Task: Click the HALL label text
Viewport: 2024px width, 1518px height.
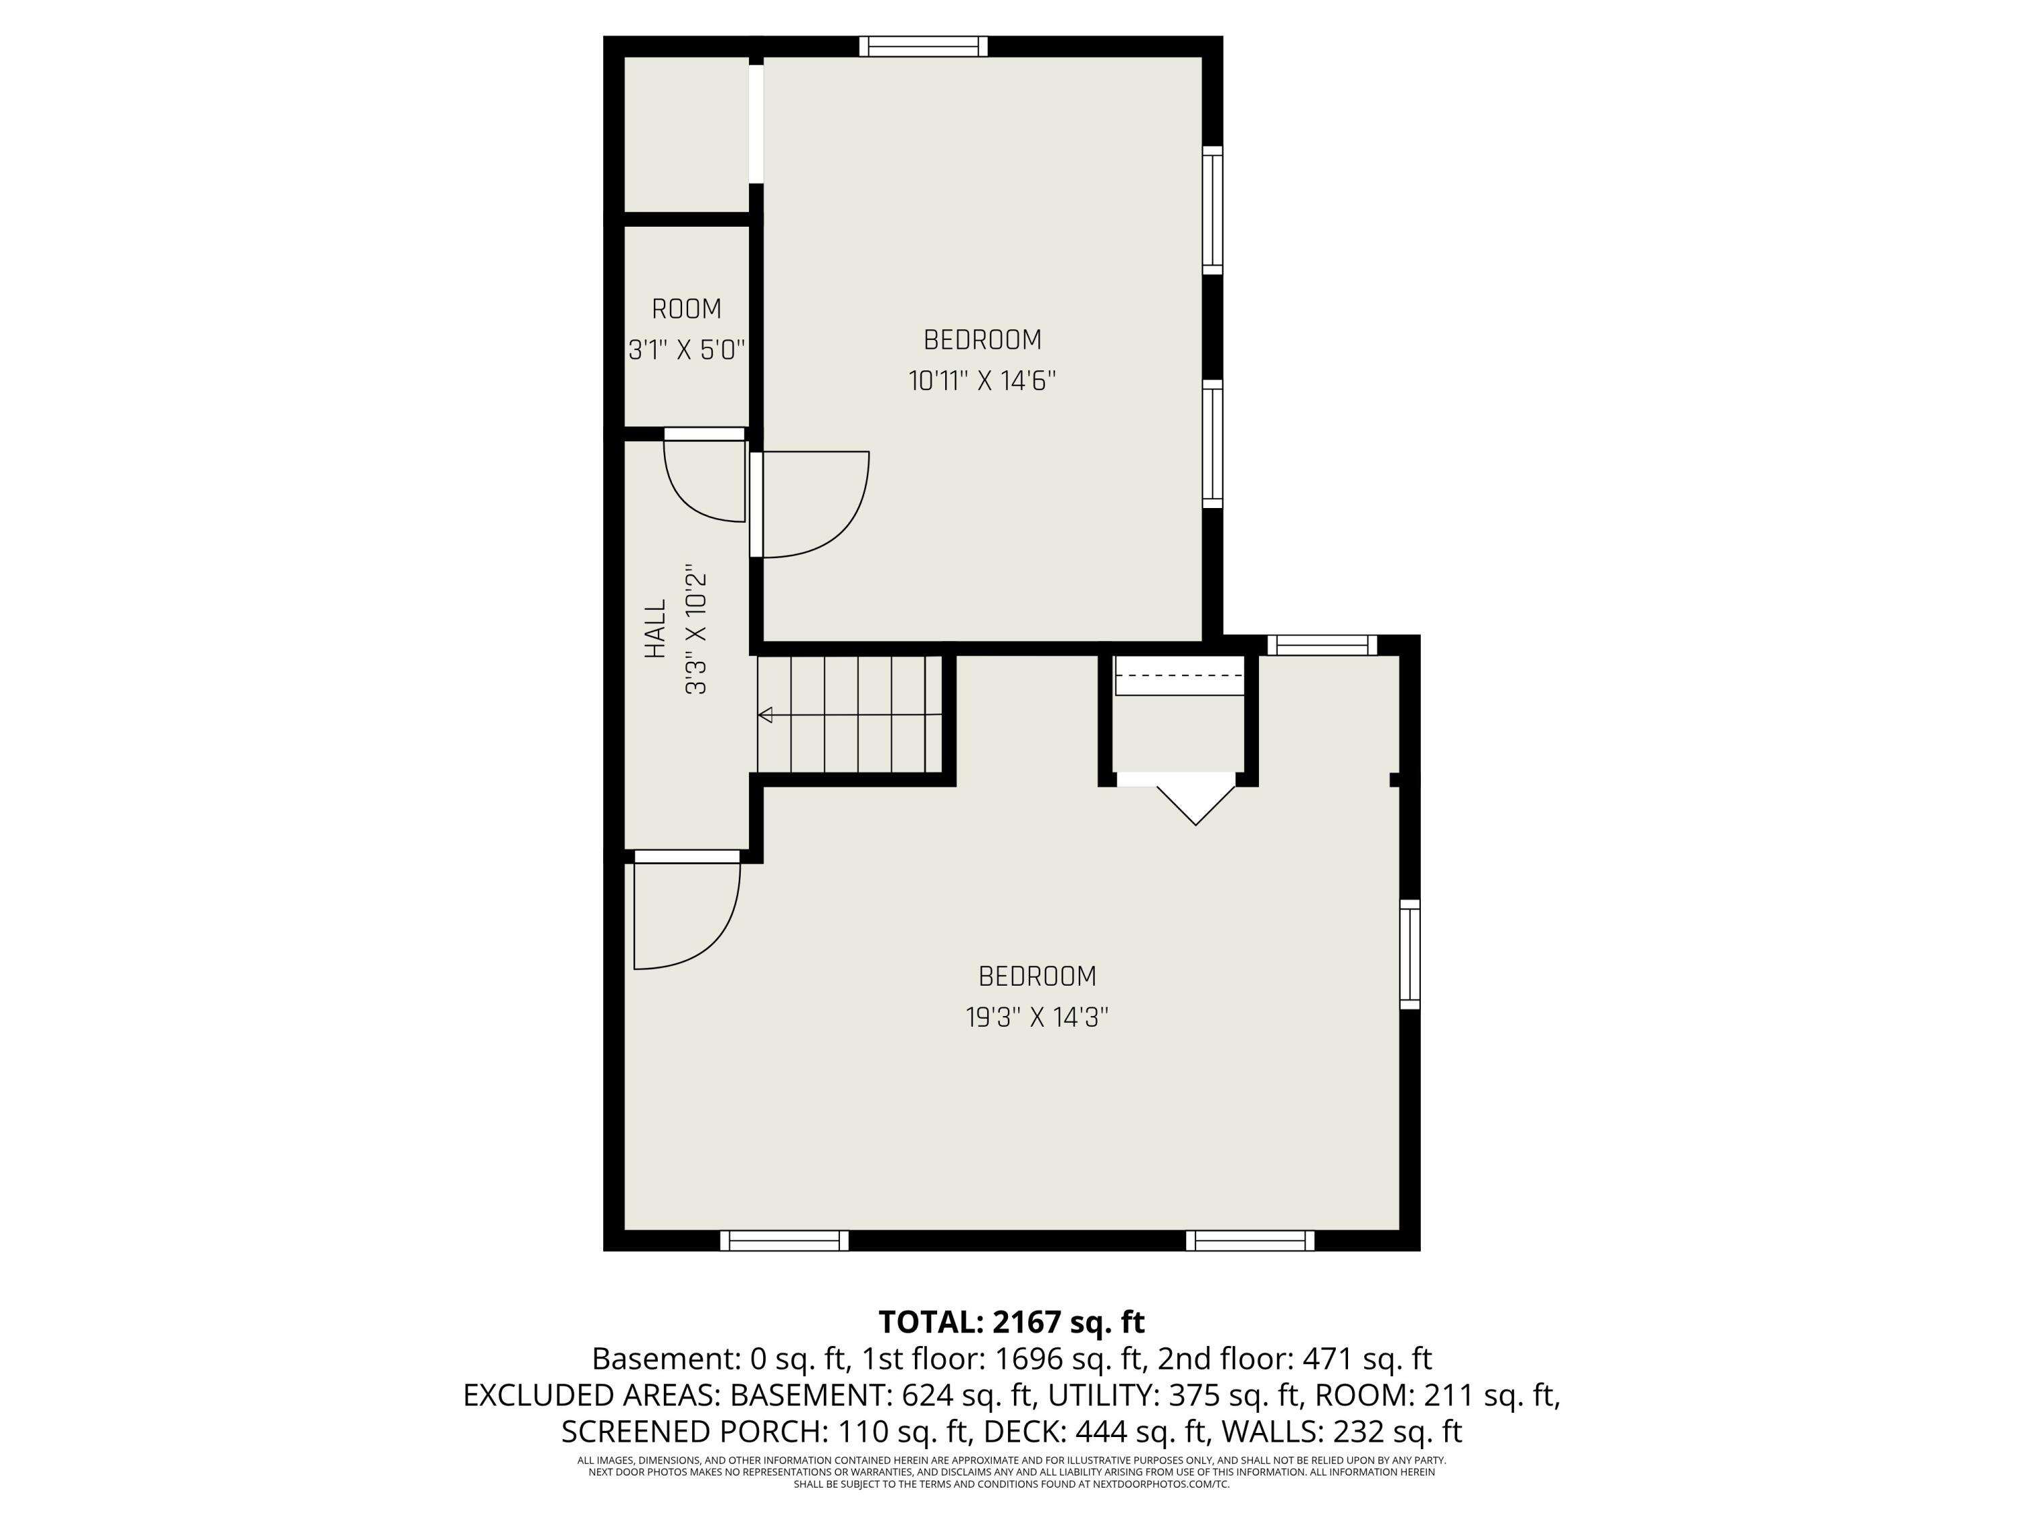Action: pos(655,629)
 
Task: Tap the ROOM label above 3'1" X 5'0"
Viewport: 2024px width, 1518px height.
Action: pos(686,309)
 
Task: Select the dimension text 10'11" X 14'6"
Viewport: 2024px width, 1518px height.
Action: pos(982,381)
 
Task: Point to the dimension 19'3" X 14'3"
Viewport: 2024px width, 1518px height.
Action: pos(1037,1017)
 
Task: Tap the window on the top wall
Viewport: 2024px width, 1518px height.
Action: pos(923,46)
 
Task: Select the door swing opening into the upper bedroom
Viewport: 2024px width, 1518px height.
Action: pos(809,504)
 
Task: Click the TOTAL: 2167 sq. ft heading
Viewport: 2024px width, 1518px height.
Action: pos(1011,1322)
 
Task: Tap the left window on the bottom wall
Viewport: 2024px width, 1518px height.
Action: pos(784,1240)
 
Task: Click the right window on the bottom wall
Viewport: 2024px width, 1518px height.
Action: pos(1250,1240)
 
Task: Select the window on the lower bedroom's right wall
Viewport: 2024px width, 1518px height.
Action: pos(1410,955)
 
